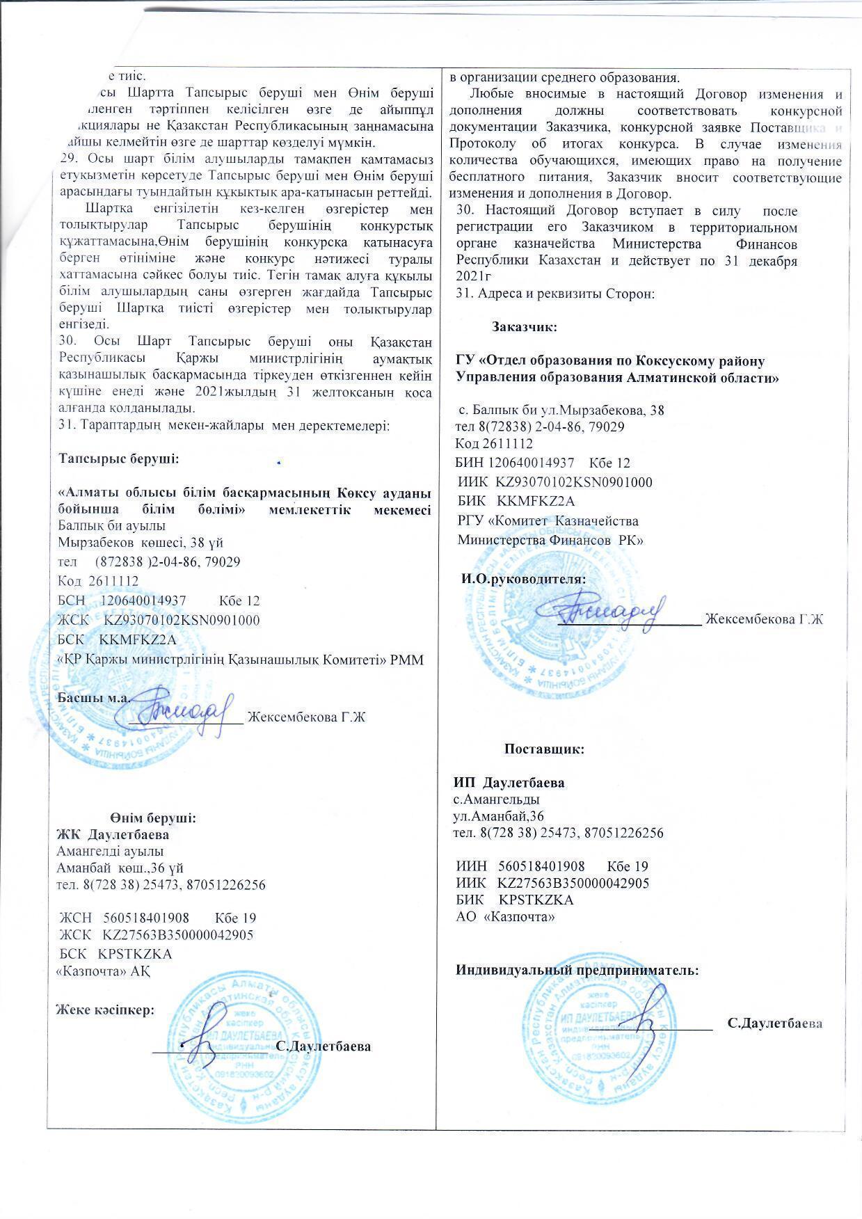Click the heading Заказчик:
(x=522, y=326)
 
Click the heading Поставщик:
(x=543, y=749)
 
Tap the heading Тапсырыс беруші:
(x=118, y=459)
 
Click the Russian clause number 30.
(x=465, y=211)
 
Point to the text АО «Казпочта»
(x=504, y=917)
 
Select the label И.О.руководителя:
(x=523, y=578)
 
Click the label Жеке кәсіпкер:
(x=105, y=1010)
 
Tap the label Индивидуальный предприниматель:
(x=577, y=970)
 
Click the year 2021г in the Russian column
(x=470, y=276)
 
